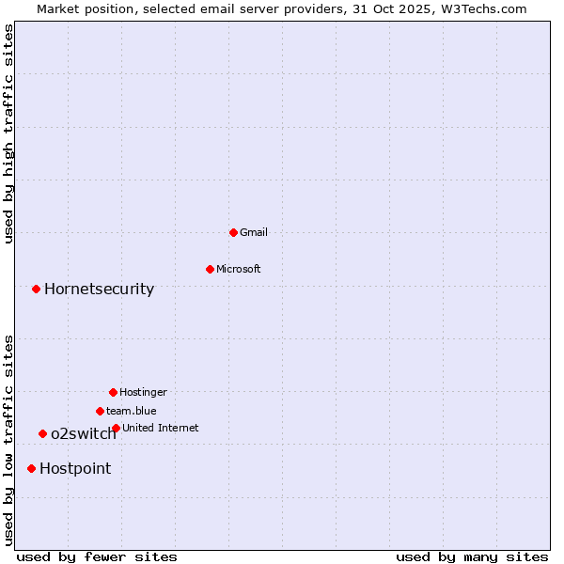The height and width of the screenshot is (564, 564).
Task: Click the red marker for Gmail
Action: click(x=233, y=232)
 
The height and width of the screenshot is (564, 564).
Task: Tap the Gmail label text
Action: click(x=254, y=232)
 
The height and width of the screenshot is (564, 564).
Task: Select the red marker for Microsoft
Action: click(x=210, y=269)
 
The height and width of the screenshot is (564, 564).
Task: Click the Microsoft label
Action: click(x=238, y=269)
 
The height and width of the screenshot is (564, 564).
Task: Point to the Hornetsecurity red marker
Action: click(x=36, y=289)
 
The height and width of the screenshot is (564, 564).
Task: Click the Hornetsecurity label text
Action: click(x=99, y=289)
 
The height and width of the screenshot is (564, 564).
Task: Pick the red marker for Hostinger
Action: click(x=113, y=392)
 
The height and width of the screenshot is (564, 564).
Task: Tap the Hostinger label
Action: click(x=143, y=392)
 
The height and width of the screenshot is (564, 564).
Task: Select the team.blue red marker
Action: click(x=100, y=411)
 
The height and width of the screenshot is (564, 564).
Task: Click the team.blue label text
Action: click(x=131, y=411)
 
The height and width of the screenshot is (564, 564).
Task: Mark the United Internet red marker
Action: click(x=116, y=428)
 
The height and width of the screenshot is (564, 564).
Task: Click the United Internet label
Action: click(x=160, y=428)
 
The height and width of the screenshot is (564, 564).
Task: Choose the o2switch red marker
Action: click(x=42, y=433)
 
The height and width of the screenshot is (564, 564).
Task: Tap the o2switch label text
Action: click(x=84, y=433)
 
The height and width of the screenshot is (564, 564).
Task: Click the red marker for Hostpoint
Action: click(x=31, y=468)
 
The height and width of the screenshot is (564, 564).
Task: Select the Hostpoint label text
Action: click(x=75, y=468)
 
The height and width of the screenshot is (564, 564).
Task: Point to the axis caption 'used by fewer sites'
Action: click(x=97, y=556)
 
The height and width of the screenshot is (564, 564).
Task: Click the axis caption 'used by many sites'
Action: click(x=472, y=556)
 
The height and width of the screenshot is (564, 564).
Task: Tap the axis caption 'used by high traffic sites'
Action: click(x=8, y=133)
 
